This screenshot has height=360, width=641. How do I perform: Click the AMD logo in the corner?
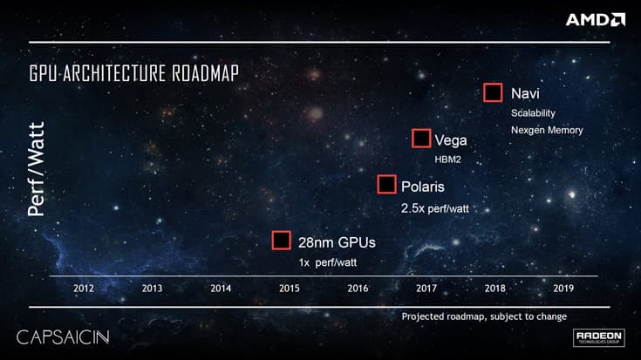click(595, 19)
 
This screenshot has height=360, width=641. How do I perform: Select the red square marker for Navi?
click(493, 92)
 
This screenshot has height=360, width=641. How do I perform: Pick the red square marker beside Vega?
click(421, 138)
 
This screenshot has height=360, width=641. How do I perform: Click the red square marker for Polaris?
click(386, 184)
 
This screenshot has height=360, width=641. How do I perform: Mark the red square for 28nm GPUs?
click(281, 241)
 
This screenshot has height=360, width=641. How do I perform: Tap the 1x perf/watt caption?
click(329, 262)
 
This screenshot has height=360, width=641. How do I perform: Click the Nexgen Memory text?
click(546, 130)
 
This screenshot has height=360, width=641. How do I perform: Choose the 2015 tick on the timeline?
click(290, 288)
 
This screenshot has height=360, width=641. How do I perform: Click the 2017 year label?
click(426, 288)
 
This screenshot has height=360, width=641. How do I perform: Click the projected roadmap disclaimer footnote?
click(484, 316)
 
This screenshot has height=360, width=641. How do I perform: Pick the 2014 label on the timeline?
click(221, 288)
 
